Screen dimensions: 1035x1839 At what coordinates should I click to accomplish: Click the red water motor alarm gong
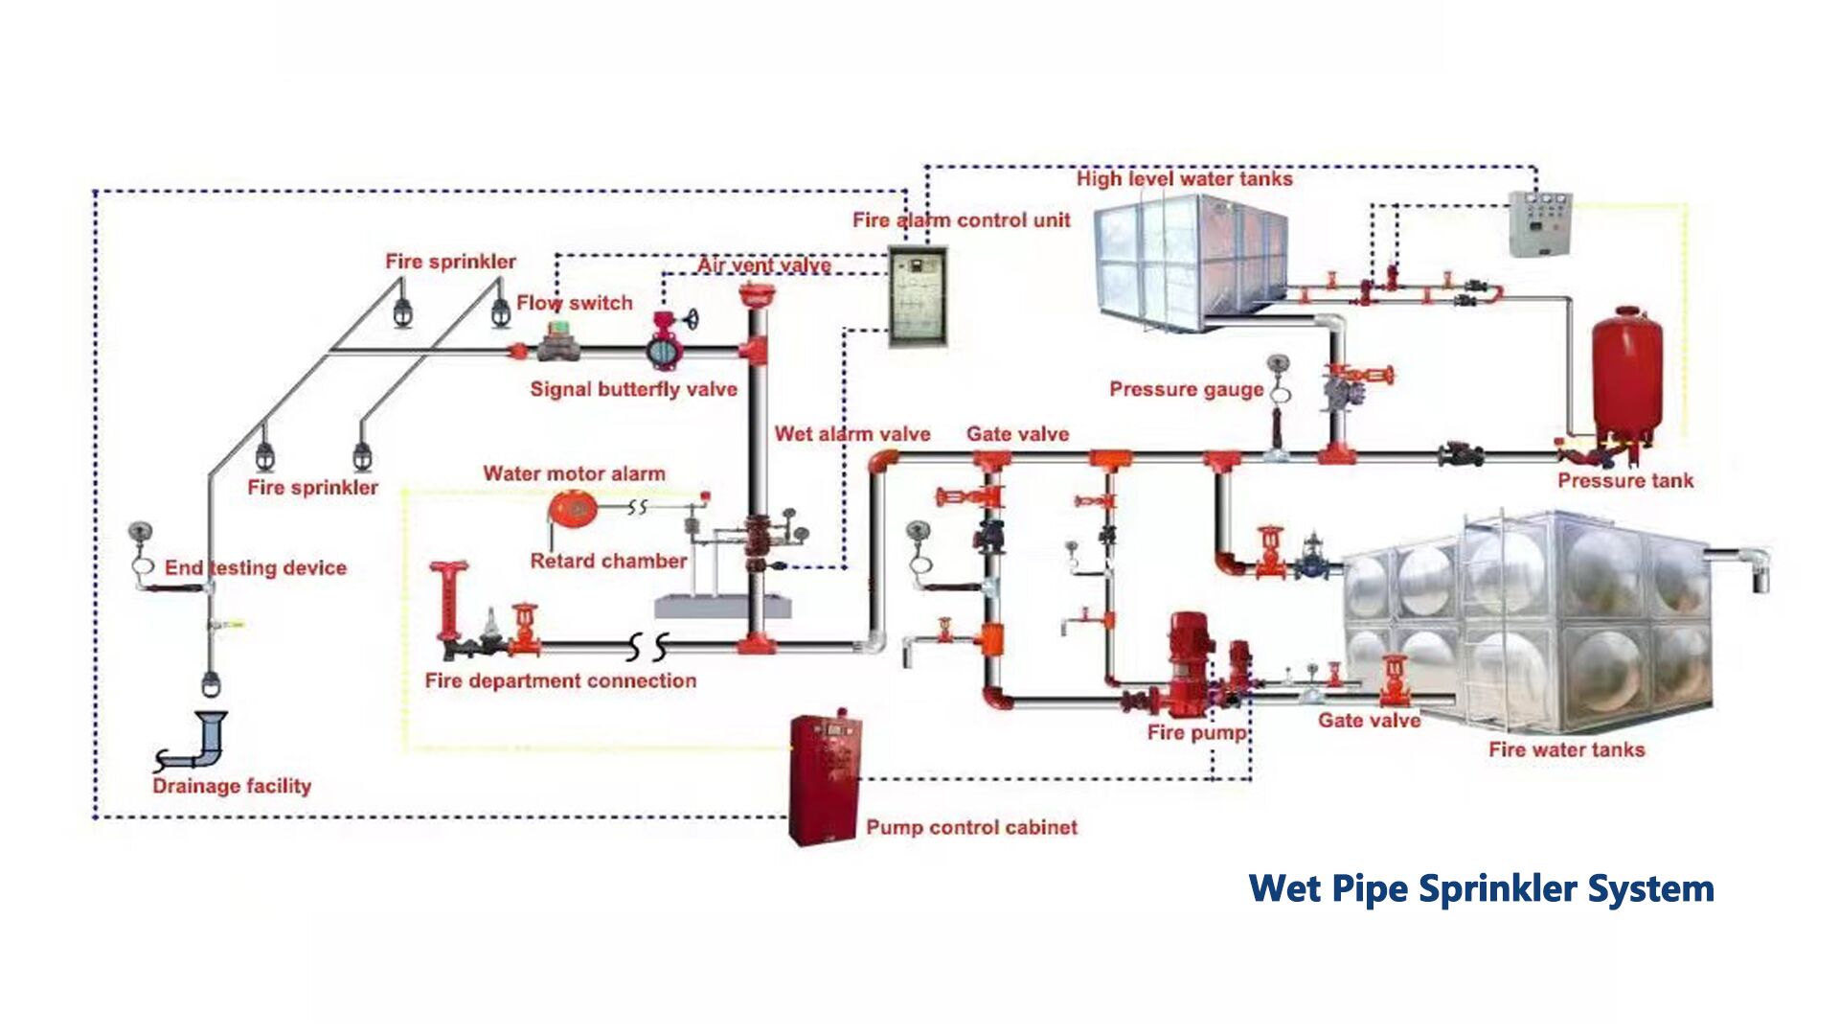[x=573, y=510]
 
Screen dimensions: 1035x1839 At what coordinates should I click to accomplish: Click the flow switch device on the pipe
[x=558, y=342]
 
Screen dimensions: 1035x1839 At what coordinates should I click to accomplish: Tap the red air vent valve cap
[x=757, y=295]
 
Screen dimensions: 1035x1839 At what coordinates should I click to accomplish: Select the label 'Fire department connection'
[x=560, y=680]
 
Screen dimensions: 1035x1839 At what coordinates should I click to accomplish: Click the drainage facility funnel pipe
[x=203, y=741]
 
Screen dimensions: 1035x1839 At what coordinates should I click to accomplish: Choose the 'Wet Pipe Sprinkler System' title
[x=1481, y=888]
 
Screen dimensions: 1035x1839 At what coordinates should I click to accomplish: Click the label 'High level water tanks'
[x=1184, y=179]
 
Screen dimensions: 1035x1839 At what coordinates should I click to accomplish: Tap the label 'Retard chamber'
[x=608, y=561]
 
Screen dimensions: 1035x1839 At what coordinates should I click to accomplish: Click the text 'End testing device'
[x=255, y=567]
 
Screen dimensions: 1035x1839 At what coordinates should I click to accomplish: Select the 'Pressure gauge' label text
[x=1186, y=389]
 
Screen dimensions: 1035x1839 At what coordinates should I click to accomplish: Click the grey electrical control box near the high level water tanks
[x=1539, y=223]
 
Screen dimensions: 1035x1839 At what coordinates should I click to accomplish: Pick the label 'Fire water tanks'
[x=1566, y=749]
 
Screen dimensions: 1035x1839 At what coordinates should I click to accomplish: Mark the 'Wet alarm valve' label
[x=851, y=434]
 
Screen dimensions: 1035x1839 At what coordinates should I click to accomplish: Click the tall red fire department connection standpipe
[x=447, y=604]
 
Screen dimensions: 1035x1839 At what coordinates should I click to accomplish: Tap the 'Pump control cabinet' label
[x=971, y=827]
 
